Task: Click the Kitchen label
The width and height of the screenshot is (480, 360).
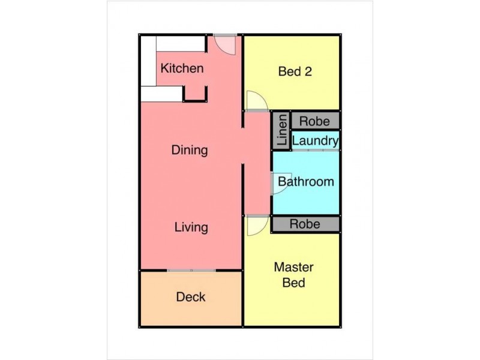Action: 182,68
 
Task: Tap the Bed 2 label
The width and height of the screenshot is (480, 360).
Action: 295,71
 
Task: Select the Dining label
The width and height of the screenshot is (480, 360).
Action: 190,150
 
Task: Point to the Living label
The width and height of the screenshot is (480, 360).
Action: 191,227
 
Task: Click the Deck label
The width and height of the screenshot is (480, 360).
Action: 191,297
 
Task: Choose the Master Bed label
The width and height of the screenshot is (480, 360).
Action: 294,275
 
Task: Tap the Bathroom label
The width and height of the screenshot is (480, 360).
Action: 306,182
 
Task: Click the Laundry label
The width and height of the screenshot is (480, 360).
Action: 315,141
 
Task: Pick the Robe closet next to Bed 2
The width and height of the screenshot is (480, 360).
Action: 314,121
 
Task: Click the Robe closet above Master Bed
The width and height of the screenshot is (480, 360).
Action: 305,224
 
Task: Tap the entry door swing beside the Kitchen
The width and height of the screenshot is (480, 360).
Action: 226,44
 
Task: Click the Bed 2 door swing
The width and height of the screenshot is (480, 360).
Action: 256,101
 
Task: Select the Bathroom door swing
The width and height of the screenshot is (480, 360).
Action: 279,184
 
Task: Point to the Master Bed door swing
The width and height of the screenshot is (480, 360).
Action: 256,225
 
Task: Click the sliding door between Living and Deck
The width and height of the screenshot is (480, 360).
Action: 191,271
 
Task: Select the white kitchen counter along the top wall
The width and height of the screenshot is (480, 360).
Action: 180,44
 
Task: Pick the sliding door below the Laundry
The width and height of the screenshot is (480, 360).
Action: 315,150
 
